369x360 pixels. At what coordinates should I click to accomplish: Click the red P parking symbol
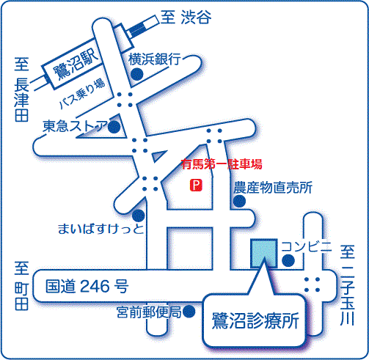pos(196,185)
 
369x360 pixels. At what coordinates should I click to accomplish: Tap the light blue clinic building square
pos(263,253)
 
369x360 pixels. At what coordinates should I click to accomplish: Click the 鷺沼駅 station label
pos(76,65)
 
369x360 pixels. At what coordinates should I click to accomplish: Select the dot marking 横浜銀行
pos(136,74)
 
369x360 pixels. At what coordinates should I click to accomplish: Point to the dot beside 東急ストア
pos(114,127)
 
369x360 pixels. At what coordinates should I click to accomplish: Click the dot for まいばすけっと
pos(139,216)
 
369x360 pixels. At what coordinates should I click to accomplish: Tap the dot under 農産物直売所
pos(239,201)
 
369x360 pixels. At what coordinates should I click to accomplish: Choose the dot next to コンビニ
pos(288,260)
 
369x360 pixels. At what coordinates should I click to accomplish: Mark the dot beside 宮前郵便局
pos(189,312)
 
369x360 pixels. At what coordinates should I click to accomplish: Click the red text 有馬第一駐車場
pos(222,164)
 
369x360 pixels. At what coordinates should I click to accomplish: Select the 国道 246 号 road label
pos(87,286)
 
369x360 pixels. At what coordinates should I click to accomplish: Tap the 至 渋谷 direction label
pos(186,18)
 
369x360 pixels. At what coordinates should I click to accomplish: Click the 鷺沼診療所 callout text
pos(255,320)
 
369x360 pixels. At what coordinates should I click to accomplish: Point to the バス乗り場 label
pos(82,94)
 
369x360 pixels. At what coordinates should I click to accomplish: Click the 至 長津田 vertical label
pos(21,89)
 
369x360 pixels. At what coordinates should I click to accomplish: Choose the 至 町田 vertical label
pos(22,286)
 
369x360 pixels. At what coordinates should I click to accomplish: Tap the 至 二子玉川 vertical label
pos(347,285)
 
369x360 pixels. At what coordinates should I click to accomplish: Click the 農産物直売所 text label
pos(273,188)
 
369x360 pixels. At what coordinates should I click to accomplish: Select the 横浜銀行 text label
pos(155,59)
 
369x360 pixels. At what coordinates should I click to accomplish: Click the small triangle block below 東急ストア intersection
pos(158,155)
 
